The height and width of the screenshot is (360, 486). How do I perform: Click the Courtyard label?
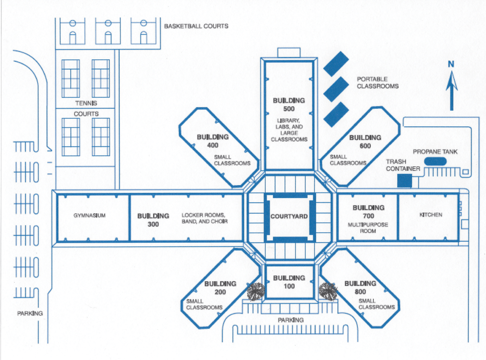coord(289,217)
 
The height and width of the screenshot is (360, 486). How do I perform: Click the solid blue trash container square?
coord(404,180)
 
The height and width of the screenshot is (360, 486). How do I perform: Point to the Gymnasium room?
coord(90,216)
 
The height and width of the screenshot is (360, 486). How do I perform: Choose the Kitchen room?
coord(430,215)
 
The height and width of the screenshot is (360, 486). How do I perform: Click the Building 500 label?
coord(289,104)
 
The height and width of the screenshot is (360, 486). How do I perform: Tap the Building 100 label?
coord(289,282)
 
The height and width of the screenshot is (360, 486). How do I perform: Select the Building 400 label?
coord(213,141)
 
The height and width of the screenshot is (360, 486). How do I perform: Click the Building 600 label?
coord(365,142)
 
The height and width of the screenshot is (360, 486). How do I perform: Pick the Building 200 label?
coord(220,288)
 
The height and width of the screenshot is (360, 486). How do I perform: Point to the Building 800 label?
coord(360,287)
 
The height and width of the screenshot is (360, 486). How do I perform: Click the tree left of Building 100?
coord(256,291)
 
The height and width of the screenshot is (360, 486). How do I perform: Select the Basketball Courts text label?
coord(196,26)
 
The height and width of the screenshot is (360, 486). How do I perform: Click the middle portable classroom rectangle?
coord(336,89)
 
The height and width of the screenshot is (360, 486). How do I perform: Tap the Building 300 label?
coord(153,220)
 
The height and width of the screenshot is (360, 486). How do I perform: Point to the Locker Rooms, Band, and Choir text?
coord(205,218)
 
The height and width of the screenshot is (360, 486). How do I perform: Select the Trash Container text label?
coord(403,165)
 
